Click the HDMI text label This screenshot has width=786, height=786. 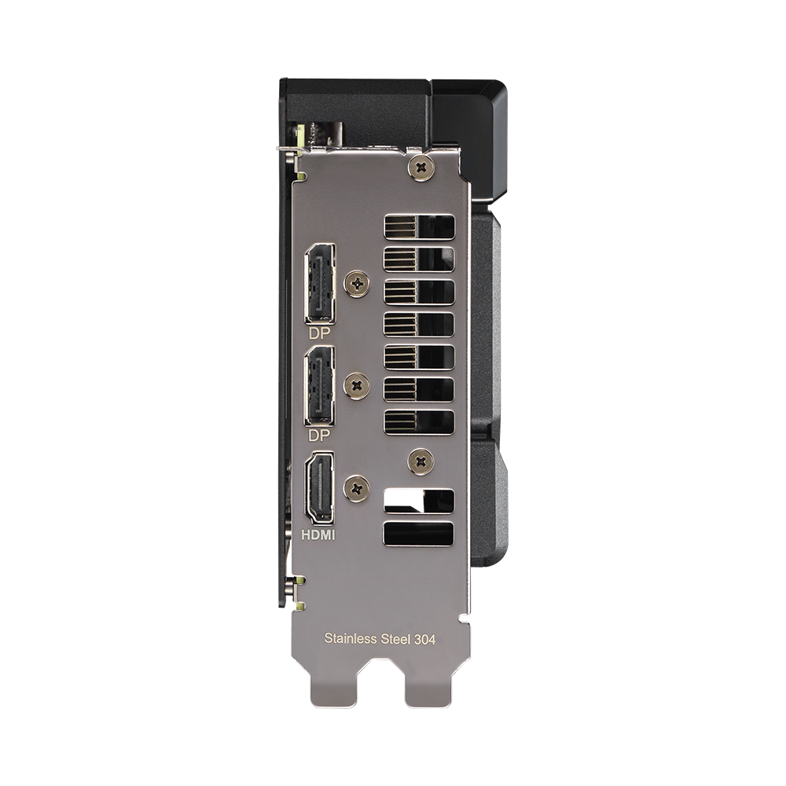tap(318, 534)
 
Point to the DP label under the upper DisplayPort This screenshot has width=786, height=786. tap(319, 332)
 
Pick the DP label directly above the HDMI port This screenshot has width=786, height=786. tap(319, 435)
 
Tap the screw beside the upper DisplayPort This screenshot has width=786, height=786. tap(358, 283)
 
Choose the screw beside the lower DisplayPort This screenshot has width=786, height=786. tap(358, 385)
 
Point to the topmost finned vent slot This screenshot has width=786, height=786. tap(419, 227)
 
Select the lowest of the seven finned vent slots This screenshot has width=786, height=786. tap(419, 421)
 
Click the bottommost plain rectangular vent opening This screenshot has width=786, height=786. tap(419, 534)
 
